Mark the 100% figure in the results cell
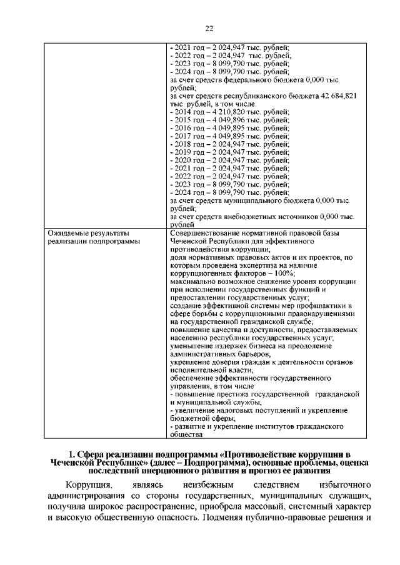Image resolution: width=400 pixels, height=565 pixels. [x=283, y=274]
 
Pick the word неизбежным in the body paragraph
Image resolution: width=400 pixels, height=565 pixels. [x=209, y=484]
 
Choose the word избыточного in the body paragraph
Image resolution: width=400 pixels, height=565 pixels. [x=345, y=484]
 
